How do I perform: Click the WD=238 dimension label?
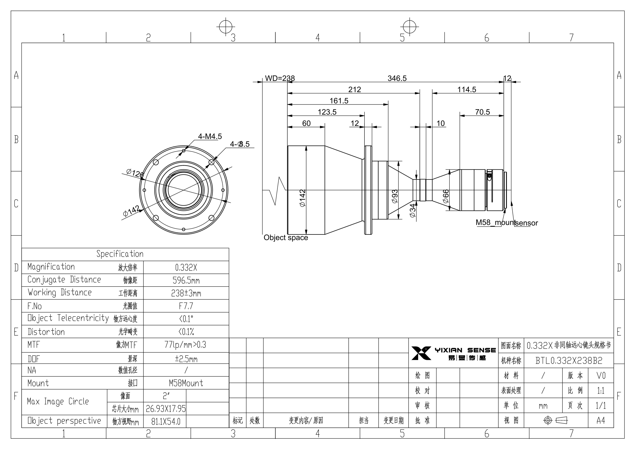pos(280,78)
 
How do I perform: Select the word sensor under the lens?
pos(527,223)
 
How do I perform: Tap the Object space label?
pos(286,237)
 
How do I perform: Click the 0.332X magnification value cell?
pos(186,267)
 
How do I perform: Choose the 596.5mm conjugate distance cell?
pos(186,280)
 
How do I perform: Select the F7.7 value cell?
pos(186,306)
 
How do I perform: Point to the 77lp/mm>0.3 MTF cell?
pos(186,345)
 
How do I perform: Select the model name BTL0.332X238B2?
pos(569,360)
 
